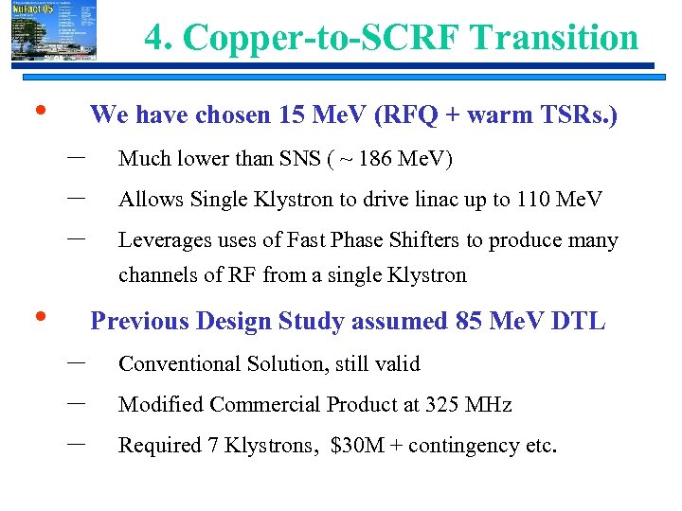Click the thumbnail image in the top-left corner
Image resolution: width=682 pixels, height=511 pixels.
tap(43, 32)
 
